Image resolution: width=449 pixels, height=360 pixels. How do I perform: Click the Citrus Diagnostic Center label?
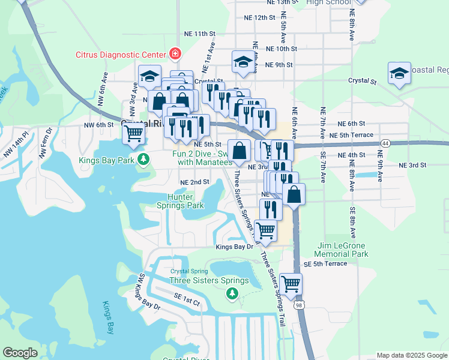click(120, 55)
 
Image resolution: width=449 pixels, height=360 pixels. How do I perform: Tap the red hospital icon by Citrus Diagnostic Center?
click(175, 54)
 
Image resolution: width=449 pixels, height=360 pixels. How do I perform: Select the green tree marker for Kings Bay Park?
click(143, 160)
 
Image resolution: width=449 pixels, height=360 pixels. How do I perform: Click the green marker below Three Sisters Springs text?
click(232, 293)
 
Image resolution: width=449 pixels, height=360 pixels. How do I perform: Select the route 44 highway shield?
click(385, 143)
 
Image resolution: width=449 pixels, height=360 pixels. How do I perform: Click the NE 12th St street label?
click(260, 18)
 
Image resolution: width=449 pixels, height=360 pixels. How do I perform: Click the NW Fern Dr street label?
click(46, 143)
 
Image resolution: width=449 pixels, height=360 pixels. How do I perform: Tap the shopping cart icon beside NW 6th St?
click(134, 133)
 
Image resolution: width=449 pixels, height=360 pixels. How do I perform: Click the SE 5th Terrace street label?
click(325, 264)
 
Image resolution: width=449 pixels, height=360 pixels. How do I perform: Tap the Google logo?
click(20, 353)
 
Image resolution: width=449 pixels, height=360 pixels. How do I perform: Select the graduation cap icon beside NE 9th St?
click(243, 61)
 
